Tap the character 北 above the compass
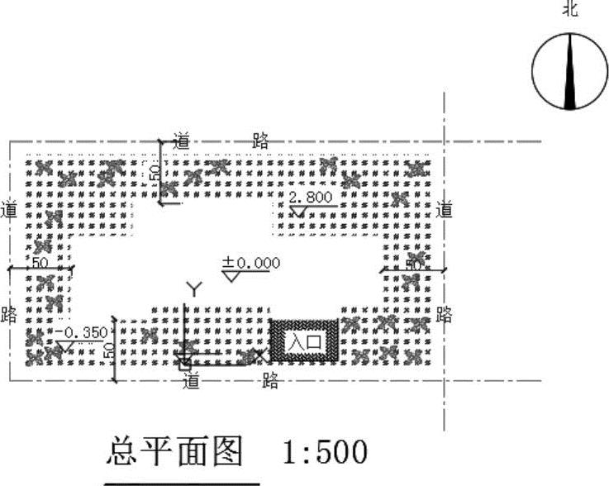[x=569, y=9]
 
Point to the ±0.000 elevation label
[x=251, y=263]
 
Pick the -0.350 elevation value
[x=85, y=332]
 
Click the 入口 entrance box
[x=303, y=341]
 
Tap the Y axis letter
[x=193, y=288]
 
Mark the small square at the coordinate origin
[x=184, y=360]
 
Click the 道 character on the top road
[x=182, y=141]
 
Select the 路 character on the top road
[x=260, y=141]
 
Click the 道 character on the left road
[x=11, y=209]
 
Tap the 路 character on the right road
[x=445, y=314]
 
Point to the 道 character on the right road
[x=445, y=209]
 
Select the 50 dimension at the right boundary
[x=413, y=264]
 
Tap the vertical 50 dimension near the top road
[x=153, y=172]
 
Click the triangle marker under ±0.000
[x=231, y=275]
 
